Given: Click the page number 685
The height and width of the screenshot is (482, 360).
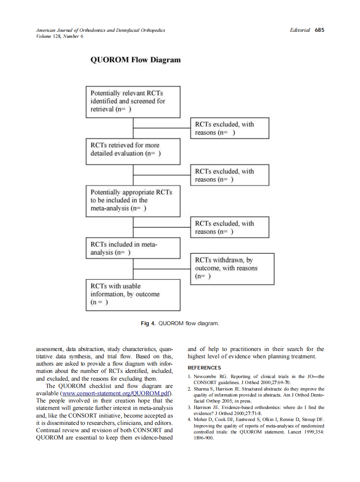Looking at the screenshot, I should pyautogui.click(x=319, y=30).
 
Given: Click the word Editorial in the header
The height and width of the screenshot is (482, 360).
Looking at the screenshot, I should pyautogui.click(x=300, y=30).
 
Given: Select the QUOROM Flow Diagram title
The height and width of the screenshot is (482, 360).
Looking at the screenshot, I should pyautogui.click(x=135, y=60).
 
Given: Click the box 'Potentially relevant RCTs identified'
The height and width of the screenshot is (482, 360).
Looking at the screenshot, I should pyautogui.click(x=133, y=101).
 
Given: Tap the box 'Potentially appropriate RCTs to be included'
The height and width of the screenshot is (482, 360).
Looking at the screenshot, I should pyautogui.click(x=133, y=201).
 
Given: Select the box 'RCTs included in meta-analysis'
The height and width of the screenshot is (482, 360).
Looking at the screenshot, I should pyautogui.click(x=133, y=248).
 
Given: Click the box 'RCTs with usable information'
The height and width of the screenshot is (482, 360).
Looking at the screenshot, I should pyautogui.click(x=133, y=295).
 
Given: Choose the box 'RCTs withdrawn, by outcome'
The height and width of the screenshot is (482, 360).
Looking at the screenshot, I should pyautogui.click(x=232, y=268).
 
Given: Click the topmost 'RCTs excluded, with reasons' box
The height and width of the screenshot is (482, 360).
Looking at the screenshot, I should pyautogui.click(x=229, y=128).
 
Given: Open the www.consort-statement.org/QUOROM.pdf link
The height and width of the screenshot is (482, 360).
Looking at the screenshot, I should pyautogui.click(x=116, y=394).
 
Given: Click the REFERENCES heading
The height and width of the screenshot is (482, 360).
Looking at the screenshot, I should pyautogui.click(x=204, y=368).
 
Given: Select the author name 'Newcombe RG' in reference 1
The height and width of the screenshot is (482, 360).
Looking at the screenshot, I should pyautogui.click(x=211, y=377).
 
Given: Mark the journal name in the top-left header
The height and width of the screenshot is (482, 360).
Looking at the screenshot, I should pyautogui.click(x=101, y=31).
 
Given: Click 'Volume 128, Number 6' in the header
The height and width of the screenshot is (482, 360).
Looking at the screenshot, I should pyautogui.click(x=60, y=36).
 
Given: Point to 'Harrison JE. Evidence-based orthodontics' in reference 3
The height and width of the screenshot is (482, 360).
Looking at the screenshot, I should pyautogui.click(x=241, y=407).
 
